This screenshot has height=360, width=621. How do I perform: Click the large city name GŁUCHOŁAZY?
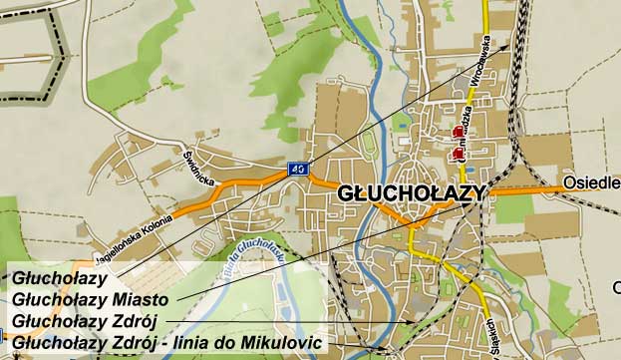tap(412, 192)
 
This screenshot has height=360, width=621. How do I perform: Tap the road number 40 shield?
tap(298, 170)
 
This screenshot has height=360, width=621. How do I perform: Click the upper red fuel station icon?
tap(459, 131)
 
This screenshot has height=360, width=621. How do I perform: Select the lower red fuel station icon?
tap(458, 153)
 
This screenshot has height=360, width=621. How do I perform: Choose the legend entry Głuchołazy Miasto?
tap(91, 299)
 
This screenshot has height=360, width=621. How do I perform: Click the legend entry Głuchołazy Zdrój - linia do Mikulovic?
tap(167, 343)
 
